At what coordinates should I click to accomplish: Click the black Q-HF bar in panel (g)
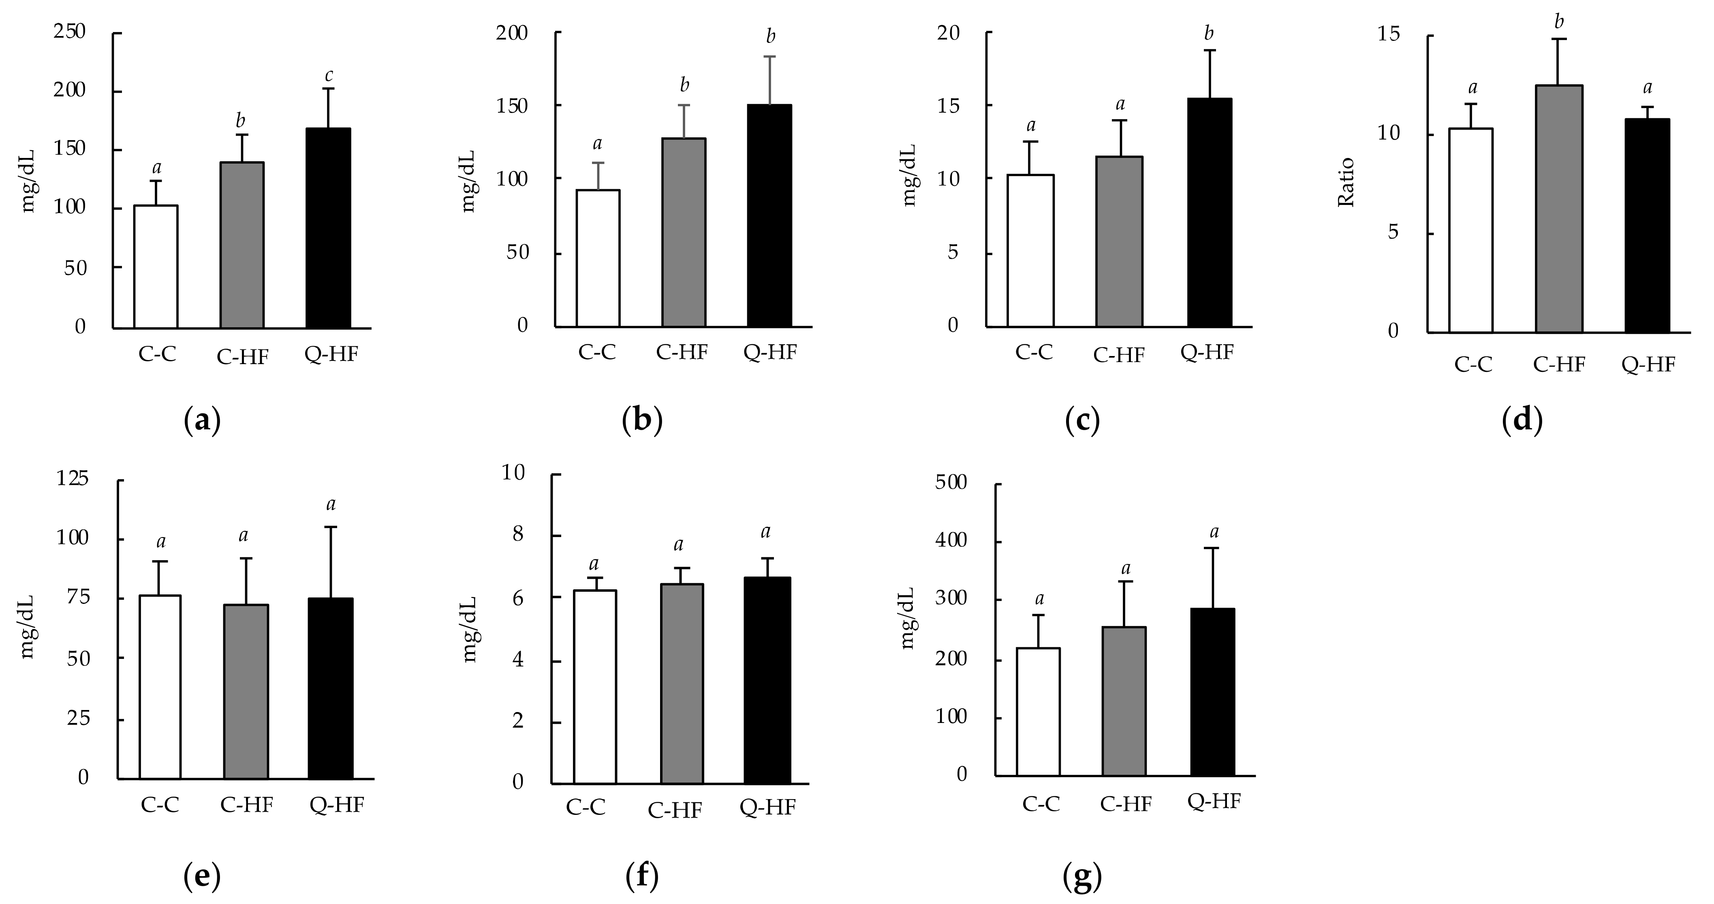pyautogui.click(x=1212, y=692)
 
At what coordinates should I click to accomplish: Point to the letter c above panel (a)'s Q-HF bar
pyautogui.click(x=329, y=76)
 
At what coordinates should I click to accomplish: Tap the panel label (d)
pyautogui.click(x=1522, y=420)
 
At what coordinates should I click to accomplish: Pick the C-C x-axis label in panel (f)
pyautogui.click(x=586, y=807)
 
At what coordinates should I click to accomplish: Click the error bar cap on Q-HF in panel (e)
pyautogui.click(x=331, y=527)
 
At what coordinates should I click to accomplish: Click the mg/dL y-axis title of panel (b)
pyautogui.click(x=468, y=181)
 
